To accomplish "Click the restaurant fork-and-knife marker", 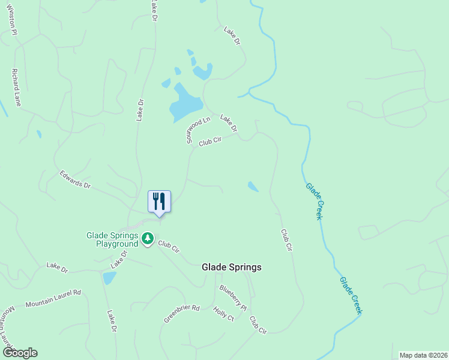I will point(159,201).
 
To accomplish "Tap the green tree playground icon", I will point(148,239).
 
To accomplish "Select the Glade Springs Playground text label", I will point(112,239).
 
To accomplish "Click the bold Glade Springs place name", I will point(232,268).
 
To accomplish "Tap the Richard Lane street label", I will point(16,88).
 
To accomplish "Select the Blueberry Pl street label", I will point(233,297).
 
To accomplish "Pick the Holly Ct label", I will point(223,314).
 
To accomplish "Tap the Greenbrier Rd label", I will point(181,313).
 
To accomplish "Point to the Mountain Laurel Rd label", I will point(53,298).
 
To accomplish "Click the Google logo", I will point(20,353).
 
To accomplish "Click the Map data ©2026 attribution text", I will point(423,355).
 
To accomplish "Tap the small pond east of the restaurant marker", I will point(253,187).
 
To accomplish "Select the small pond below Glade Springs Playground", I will point(109,278).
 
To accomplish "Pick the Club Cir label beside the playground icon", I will point(169,246).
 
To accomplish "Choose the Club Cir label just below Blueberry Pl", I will point(259,325).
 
